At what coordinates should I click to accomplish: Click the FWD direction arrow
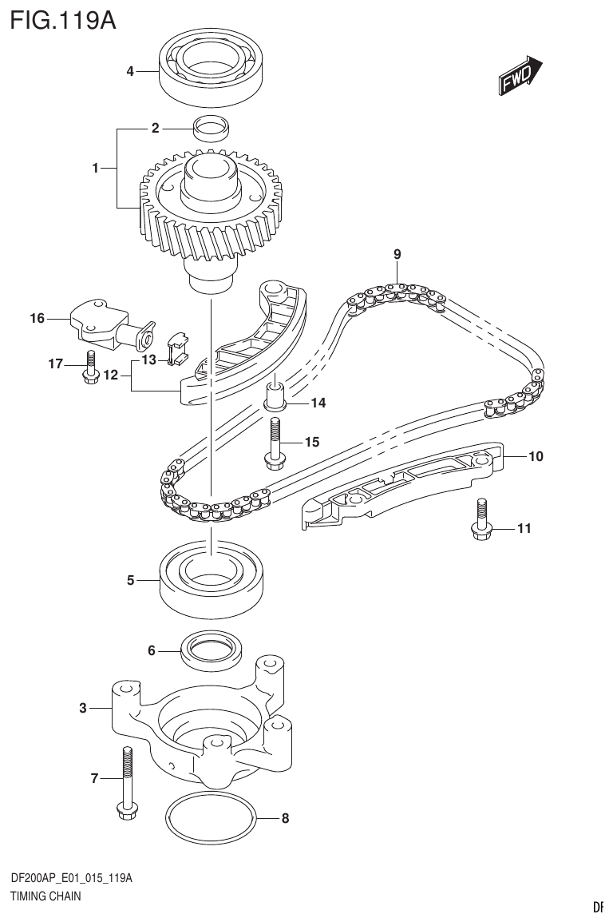coord(520,75)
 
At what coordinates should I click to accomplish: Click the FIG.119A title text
coord(64,18)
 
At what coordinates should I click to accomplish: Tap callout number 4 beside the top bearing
coord(130,72)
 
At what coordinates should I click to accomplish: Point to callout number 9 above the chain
coord(397,254)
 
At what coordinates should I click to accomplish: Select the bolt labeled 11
coord(481,522)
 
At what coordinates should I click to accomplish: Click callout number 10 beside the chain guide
coord(535,457)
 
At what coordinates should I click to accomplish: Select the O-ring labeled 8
coord(212,820)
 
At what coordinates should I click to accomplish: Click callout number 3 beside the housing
coord(83,708)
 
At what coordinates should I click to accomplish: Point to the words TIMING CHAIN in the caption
coord(45,896)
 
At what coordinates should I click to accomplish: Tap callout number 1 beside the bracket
coord(95,168)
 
